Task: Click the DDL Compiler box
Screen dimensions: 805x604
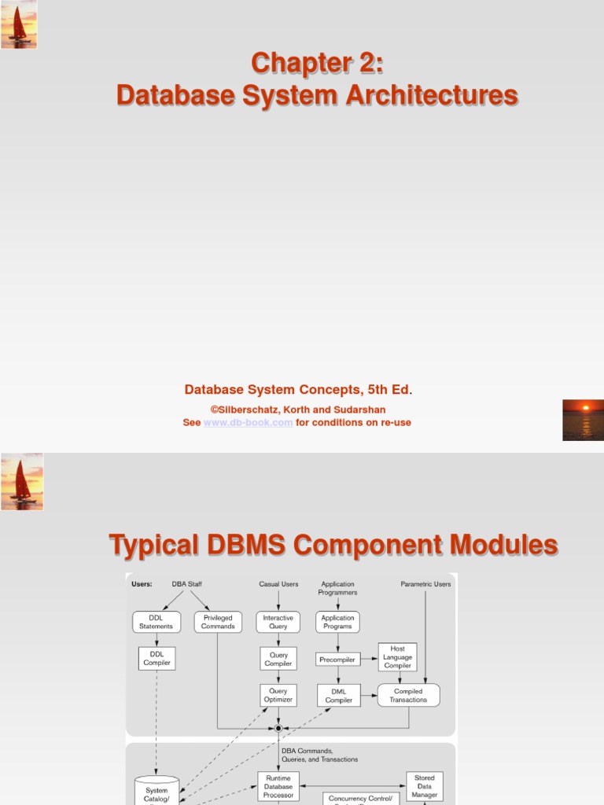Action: point(157,658)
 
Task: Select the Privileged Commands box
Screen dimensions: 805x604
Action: point(218,622)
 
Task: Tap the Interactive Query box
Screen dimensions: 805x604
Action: point(278,622)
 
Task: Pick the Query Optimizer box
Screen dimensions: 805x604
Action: point(278,695)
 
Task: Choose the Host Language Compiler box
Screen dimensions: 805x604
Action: point(397,657)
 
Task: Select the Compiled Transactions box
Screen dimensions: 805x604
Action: point(408,695)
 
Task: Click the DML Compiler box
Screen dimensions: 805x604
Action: point(339,695)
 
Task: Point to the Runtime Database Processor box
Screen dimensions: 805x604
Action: point(278,786)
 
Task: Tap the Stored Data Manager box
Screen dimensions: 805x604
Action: point(425,786)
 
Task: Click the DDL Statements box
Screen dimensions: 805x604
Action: point(157,622)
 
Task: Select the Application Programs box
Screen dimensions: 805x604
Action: point(338,622)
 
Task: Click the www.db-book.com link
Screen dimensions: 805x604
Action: point(249,422)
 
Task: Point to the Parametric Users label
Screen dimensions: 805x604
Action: point(425,584)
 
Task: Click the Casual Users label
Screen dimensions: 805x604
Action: point(278,584)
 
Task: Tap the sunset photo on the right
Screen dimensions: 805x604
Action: point(583,420)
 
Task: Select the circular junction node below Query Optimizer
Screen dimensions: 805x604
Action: point(278,728)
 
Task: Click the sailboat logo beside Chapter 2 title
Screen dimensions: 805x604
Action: point(19,24)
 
